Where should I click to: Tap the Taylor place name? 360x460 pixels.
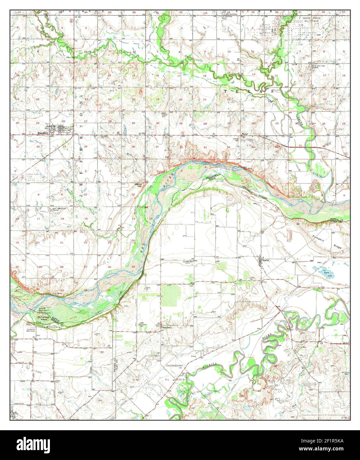pyautogui.click(x=244, y=134)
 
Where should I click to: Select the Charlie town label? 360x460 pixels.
pyautogui.click(x=265, y=260)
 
